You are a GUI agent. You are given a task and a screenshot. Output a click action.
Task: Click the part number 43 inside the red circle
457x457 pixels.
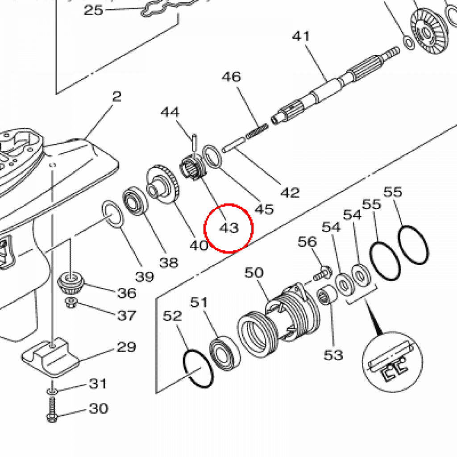coord(229,228)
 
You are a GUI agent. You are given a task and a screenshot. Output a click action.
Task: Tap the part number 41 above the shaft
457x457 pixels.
coord(301,36)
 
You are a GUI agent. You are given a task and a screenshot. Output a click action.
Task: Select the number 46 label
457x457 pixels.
coord(232,77)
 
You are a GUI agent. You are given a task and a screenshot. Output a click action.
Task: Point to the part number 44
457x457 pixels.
coord(170,112)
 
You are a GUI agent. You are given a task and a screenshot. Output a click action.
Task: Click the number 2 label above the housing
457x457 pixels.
coord(116,96)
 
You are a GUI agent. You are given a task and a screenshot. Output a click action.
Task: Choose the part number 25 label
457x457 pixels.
coord(93,10)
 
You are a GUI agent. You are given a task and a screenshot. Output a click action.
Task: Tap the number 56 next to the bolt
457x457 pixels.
coord(307,241)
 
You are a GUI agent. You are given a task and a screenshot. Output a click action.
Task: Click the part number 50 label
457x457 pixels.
coord(254,273)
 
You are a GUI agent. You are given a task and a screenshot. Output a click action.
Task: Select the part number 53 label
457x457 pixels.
coord(333,355)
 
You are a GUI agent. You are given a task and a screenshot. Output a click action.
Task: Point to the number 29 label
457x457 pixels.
coord(126,347)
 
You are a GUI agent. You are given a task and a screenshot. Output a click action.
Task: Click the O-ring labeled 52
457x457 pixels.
coord(198,369)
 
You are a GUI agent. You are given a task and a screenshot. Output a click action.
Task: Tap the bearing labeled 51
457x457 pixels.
coord(225,353)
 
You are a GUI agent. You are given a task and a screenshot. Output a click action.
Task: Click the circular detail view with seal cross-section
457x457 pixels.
coord(392,362)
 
